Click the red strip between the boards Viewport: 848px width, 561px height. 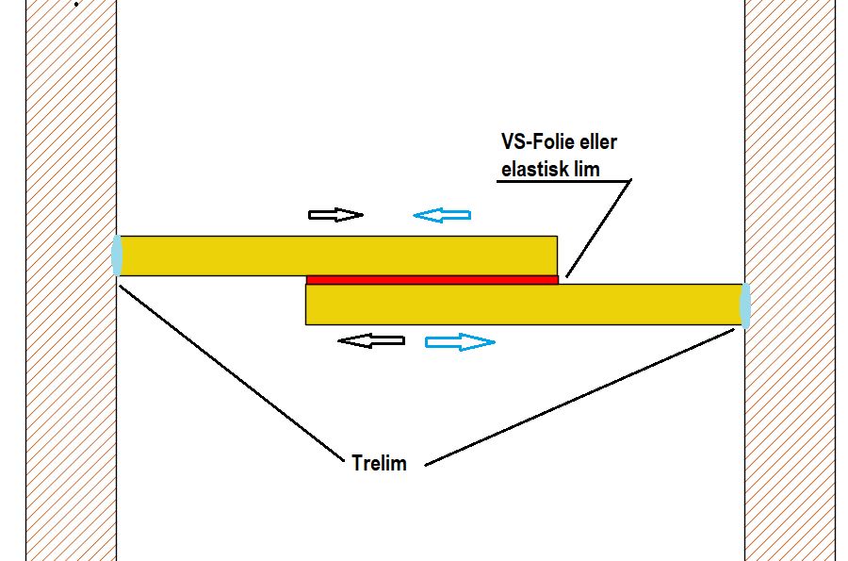432,279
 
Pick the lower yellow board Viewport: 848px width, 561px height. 523,305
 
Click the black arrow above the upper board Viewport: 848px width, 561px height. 335,215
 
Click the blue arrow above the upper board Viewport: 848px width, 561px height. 442,216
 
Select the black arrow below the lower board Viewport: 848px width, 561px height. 370,340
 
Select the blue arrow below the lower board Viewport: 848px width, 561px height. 460,341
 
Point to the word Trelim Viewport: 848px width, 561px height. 379,464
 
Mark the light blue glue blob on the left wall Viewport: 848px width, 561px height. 117,255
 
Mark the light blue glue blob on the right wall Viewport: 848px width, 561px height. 744,304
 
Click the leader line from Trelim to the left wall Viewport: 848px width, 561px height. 231,374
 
